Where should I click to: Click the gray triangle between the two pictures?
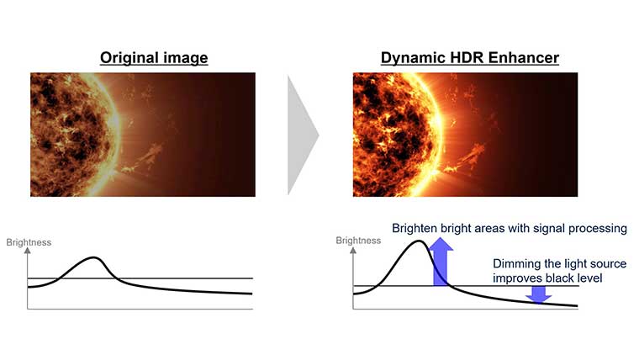pyautogui.click(x=303, y=135)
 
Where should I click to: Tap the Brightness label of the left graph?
pyautogui.click(x=29, y=242)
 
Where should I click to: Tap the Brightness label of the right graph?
pyautogui.click(x=358, y=241)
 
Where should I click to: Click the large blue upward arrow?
pyautogui.click(x=441, y=262)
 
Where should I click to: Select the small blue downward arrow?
pyautogui.click(x=539, y=294)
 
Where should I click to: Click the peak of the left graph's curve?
pyautogui.click(x=93, y=257)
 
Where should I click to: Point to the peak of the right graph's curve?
pyautogui.click(x=419, y=241)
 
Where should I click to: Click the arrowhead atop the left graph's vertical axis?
pyautogui.click(x=27, y=251)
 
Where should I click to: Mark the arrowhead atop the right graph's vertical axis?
pyautogui.click(x=353, y=251)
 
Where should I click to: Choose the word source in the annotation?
pyautogui.click(x=608, y=264)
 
